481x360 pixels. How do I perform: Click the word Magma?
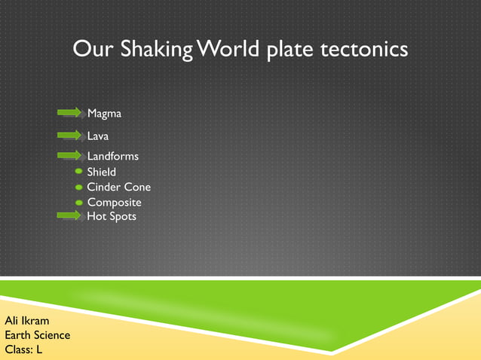[x=104, y=114]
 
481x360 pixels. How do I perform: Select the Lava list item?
[x=98, y=136]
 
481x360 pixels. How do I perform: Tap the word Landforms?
[x=112, y=156]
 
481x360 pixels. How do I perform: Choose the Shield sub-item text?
[x=102, y=172]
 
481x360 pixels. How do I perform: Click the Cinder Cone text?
[x=118, y=188]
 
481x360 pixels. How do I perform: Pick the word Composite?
[x=114, y=203]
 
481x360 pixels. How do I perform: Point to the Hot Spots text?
[x=112, y=216]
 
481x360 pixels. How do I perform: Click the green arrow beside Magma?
[x=69, y=112]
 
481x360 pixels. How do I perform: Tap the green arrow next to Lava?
[x=69, y=136]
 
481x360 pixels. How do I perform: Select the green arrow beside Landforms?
[x=69, y=155]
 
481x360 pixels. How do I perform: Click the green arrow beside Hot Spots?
[x=69, y=215]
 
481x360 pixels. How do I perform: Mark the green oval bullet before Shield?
[x=79, y=172]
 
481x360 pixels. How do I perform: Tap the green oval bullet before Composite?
[x=79, y=203]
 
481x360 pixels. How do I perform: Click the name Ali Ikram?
[x=27, y=322]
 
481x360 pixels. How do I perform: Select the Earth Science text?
[x=38, y=336]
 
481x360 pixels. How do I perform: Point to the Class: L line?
[x=23, y=349]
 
